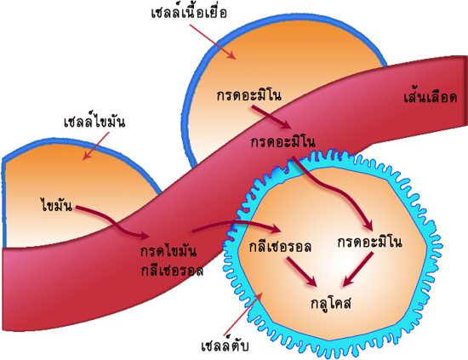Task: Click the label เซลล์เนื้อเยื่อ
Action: click(189, 13)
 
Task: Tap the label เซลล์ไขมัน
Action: click(94, 121)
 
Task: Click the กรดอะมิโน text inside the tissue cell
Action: click(249, 95)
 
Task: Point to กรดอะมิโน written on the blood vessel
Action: click(283, 141)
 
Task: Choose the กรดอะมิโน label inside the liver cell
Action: click(369, 241)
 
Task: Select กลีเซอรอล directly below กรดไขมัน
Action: click(172, 270)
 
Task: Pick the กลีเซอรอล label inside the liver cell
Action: click(280, 246)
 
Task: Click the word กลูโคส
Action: click(331, 302)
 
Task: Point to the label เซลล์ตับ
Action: click(225, 346)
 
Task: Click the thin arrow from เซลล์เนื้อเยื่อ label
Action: click(213, 42)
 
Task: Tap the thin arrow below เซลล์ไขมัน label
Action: click(96, 146)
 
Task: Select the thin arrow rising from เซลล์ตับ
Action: click(243, 312)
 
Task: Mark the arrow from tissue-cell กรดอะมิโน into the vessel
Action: click(271, 117)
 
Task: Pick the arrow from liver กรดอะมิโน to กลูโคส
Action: click(358, 269)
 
